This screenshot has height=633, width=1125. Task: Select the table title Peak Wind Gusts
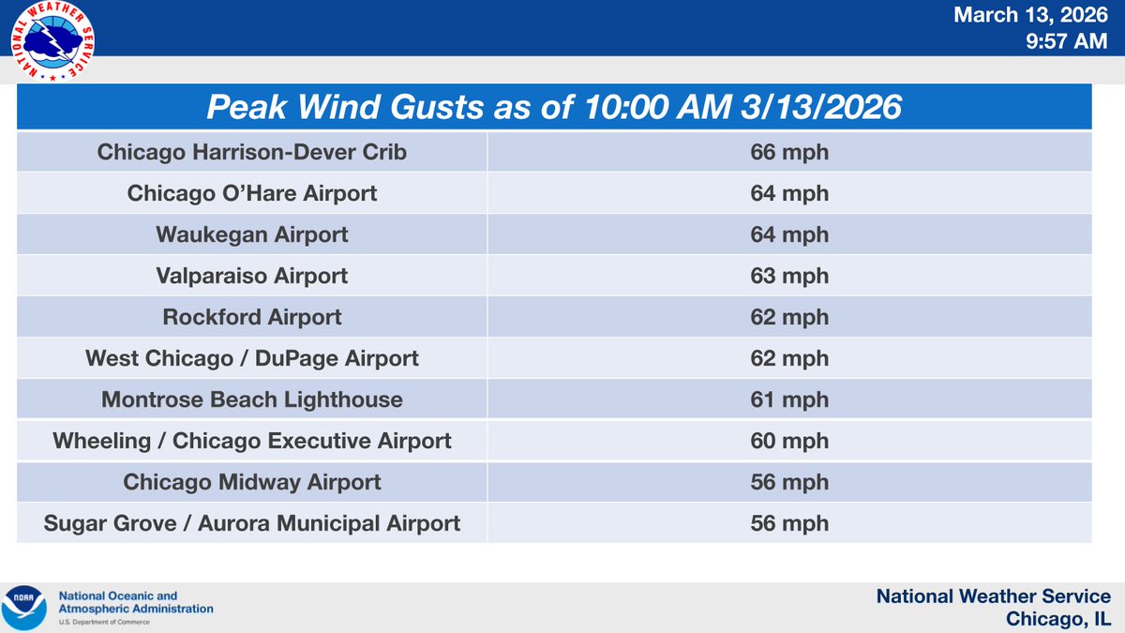554,107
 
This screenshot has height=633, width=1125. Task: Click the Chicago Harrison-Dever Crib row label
252,152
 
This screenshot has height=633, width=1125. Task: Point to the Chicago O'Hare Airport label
252,193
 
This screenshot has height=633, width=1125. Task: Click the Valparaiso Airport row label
252,276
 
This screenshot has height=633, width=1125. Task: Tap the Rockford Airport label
252,317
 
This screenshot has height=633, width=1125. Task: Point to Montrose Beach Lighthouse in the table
252,399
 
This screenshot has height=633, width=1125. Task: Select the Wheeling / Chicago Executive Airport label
252,441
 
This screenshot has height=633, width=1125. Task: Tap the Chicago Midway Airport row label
252,482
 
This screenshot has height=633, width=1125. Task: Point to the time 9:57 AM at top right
1068,41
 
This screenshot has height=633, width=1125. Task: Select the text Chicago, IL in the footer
1057,619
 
